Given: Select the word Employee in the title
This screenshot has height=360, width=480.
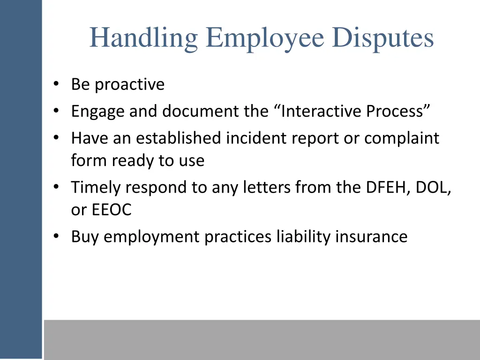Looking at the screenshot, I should point(265,38).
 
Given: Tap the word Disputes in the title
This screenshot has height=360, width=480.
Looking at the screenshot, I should point(383,38).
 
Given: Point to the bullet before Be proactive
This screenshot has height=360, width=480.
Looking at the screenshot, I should point(56,85).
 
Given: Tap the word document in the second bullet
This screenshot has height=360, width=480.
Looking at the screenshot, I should point(199,112).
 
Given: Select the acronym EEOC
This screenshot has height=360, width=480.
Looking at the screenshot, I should point(112,210).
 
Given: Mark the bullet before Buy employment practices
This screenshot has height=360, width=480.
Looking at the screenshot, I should point(56,237).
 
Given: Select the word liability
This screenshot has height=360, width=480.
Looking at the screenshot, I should point(303,237).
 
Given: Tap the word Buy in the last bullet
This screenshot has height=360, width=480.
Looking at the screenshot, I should point(85,237).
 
